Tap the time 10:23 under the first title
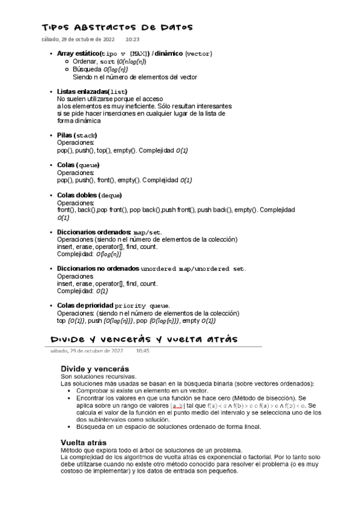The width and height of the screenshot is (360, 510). click(132, 39)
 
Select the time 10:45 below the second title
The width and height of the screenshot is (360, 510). click(142, 351)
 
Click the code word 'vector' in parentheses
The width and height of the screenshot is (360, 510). click(198, 54)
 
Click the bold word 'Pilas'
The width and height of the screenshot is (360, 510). click(65, 135)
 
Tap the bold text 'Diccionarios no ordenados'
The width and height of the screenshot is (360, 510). click(98, 268)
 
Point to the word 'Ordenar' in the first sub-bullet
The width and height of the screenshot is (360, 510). click(85, 62)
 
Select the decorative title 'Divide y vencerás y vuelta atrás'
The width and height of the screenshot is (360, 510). click(144, 339)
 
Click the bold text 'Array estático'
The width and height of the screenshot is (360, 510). click(79, 54)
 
